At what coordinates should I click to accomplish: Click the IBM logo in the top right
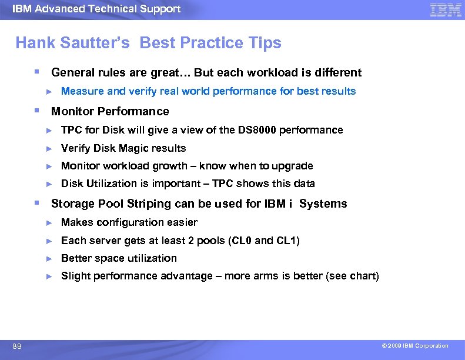(445, 9)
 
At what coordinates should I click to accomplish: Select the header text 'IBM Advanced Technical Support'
(96, 9)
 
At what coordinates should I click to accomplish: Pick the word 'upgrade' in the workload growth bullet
(292, 166)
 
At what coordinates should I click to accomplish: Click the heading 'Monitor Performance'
(110, 111)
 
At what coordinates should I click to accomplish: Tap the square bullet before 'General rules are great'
(36, 72)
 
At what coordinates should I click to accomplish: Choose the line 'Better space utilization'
(119, 258)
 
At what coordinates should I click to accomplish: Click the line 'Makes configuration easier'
(129, 222)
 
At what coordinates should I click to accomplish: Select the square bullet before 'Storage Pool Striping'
(36, 203)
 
